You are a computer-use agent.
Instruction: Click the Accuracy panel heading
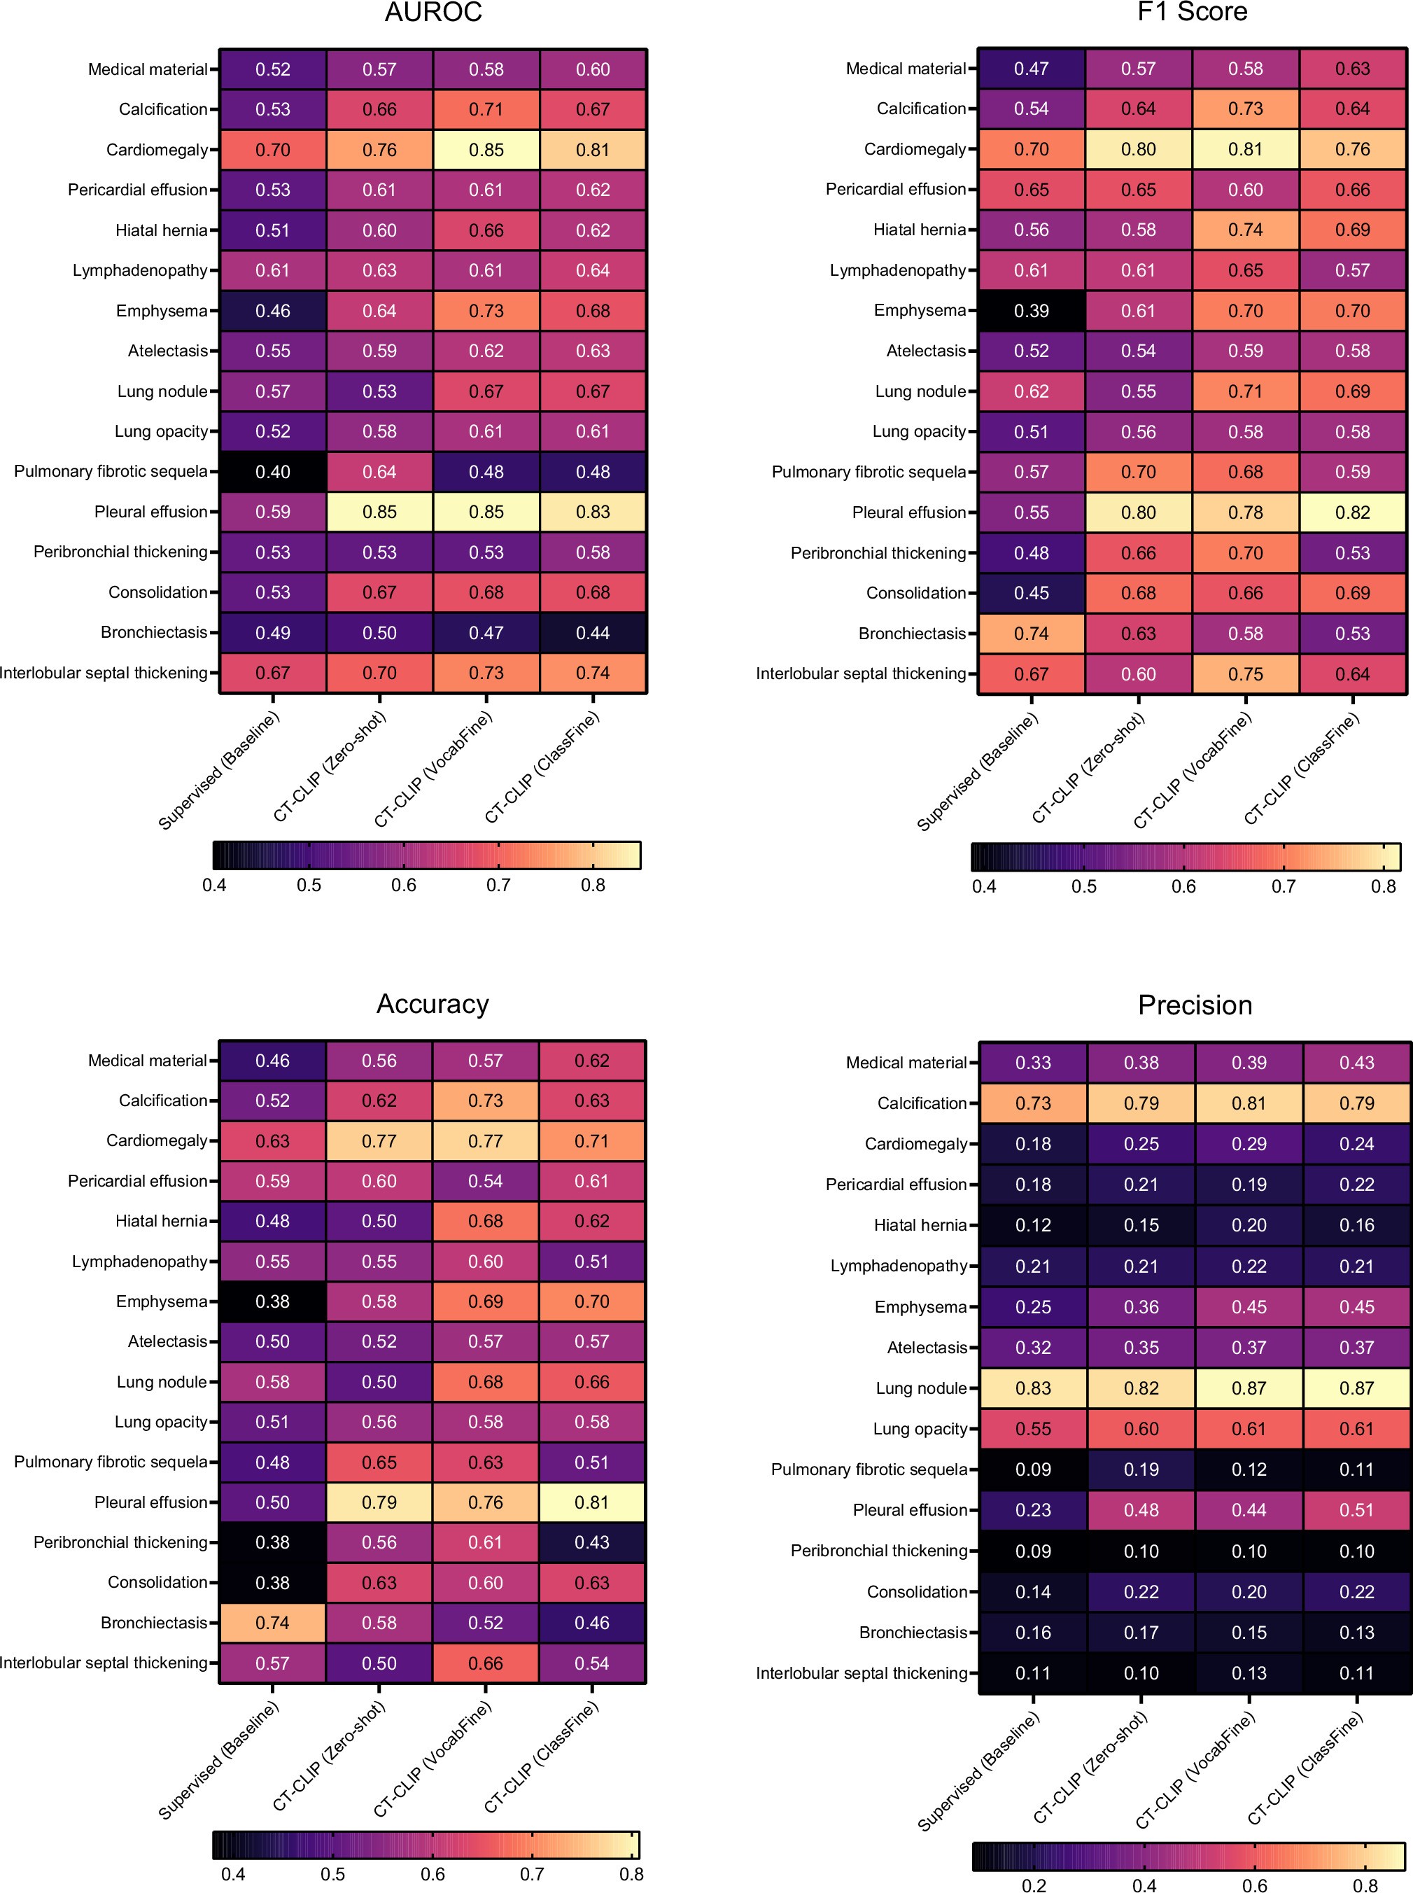[433, 1003]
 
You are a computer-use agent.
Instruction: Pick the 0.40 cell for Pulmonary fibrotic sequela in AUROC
[273, 471]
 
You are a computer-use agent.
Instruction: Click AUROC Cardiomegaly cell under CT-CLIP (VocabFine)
[486, 150]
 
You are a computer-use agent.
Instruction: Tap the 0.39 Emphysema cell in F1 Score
[1031, 311]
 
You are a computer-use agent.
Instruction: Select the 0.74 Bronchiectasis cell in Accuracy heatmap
[272, 1623]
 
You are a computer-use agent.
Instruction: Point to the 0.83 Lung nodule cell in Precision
[1032, 1388]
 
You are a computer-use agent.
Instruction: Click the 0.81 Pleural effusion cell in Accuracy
[592, 1502]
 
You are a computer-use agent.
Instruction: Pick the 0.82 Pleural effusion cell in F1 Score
[1352, 512]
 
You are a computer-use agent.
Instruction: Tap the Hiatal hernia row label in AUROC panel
[161, 230]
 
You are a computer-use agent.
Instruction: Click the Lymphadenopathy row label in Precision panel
[898, 1266]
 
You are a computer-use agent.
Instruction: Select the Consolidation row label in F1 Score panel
[915, 593]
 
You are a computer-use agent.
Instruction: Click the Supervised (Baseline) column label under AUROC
[219, 770]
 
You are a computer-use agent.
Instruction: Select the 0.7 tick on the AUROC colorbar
[499, 886]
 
